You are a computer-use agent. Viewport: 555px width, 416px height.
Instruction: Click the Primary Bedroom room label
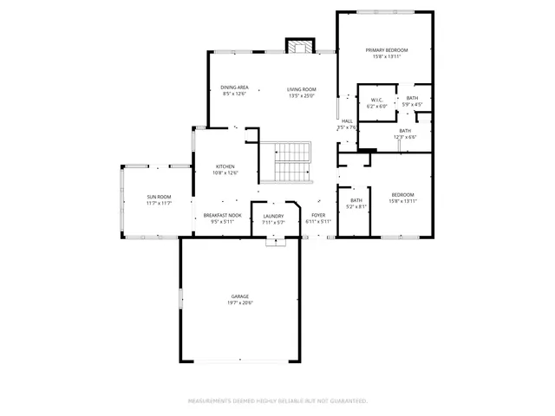click(385, 50)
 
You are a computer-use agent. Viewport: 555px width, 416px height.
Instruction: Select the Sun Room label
click(158, 197)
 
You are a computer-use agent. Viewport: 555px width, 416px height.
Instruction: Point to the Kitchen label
click(225, 166)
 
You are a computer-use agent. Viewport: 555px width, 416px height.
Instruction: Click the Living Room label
click(302, 88)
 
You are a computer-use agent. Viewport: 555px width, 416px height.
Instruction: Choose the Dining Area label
click(234, 88)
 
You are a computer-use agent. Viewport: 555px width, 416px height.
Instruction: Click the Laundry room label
click(273, 215)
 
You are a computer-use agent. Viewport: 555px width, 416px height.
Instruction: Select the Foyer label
click(318, 215)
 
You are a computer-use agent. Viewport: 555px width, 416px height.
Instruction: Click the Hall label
click(347, 120)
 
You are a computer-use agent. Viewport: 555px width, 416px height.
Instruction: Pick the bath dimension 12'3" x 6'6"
click(405, 137)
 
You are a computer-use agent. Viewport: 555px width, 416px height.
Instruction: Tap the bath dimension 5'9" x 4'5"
click(412, 106)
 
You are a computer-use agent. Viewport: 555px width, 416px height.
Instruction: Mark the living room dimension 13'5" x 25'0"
click(302, 95)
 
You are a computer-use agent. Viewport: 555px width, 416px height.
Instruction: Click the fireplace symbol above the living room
click(300, 46)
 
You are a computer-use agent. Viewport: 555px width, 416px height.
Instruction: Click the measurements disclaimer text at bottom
click(277, 401)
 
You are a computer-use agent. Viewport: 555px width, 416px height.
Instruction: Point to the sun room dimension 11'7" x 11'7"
click(158, 204)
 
